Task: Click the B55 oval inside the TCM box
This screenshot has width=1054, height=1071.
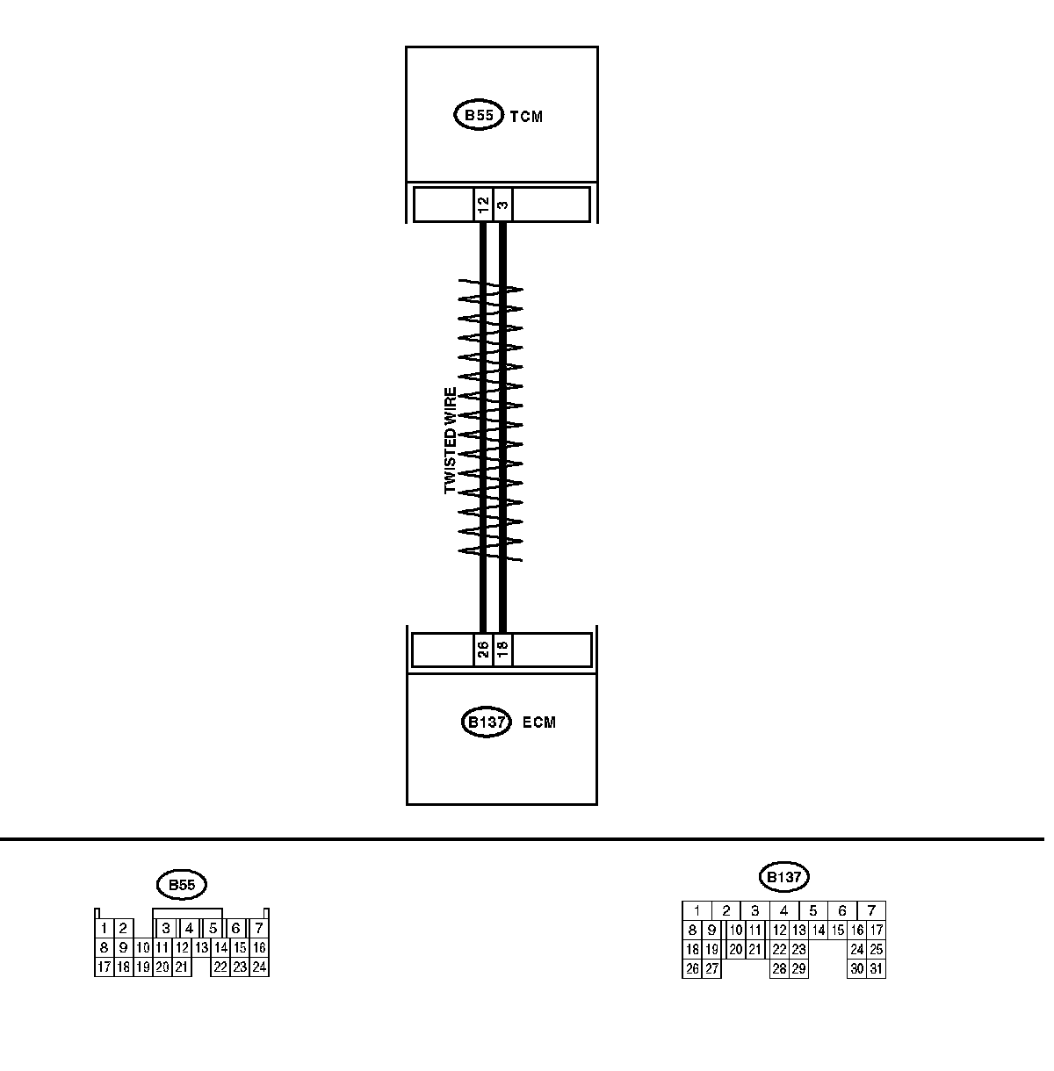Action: pos(479,116)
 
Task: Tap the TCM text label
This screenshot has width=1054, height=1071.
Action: pos(526,117)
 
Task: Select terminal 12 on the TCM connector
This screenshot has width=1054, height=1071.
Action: pos(482,205)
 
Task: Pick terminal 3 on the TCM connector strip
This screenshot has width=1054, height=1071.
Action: pos(502,205)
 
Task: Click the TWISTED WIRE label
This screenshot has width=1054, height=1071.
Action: pos(451,441)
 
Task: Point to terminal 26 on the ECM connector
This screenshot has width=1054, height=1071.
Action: pos(482,650)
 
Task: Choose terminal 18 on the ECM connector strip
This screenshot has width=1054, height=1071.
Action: pos(502,650)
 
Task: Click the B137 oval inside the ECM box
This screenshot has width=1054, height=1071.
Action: pos(486,722)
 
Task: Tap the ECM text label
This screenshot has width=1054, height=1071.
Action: pos(539,723)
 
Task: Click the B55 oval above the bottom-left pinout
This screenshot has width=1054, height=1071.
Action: pos(181,885)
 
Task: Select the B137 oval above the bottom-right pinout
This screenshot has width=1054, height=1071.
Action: pos(783,876)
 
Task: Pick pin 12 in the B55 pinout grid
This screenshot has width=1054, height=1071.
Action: pos(182,948)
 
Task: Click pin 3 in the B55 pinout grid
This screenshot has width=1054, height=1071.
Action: pos(164,928)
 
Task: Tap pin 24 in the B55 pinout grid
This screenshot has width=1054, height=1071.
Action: pos(259,967)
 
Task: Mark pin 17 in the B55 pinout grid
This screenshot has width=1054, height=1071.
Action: pos(104,967)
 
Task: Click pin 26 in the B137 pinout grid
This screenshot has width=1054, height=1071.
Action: pos(692,969)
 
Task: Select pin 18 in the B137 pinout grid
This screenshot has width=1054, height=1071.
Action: pos(692,950)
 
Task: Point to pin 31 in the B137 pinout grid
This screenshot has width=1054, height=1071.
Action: pos(876,969)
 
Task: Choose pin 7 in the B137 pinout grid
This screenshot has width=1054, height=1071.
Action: pos(870,911)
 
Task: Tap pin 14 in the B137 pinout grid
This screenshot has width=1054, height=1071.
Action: pos(818,931)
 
